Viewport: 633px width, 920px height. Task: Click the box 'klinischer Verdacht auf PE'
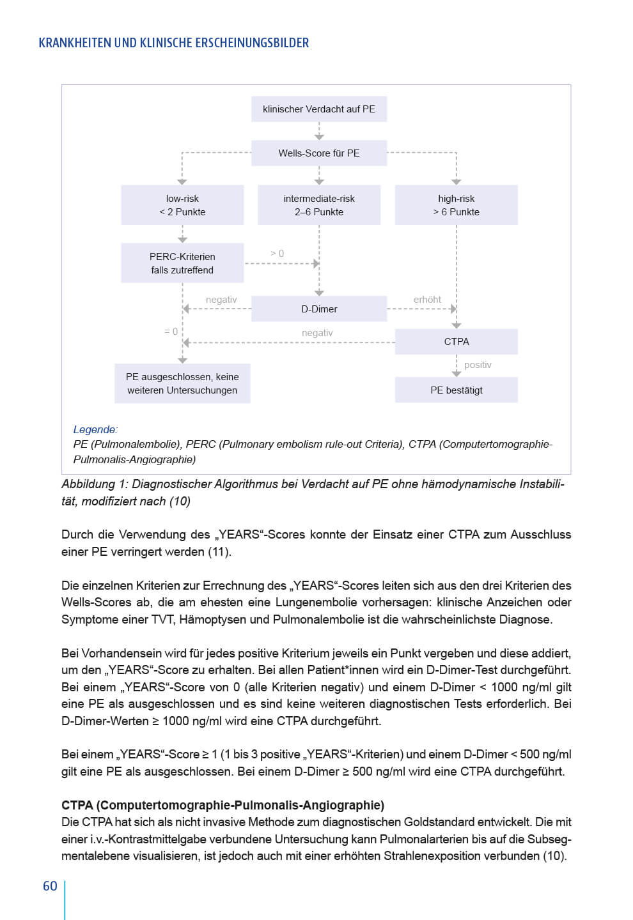(319, 109)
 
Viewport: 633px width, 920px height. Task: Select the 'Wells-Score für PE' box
(319, 153)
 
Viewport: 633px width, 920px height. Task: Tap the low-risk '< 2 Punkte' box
(182, 205)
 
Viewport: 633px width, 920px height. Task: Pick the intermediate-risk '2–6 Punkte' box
(319, 205)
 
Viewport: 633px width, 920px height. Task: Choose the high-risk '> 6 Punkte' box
(456, 205)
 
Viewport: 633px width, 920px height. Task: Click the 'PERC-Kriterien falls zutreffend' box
(182, 263)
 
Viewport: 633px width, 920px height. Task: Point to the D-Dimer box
(319, 309)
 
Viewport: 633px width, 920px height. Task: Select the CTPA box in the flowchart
(456, 342)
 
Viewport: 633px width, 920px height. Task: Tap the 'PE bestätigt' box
(456, 390)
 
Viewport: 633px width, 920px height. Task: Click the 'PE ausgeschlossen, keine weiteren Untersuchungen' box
(182, 383)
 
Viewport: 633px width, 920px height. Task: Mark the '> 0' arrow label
(277, 254)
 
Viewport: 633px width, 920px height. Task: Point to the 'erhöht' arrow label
(427, 300)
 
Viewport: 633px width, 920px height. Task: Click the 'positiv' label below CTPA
(478, 365)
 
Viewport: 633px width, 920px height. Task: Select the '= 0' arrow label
(171, 332)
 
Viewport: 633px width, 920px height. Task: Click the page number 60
(50, 886)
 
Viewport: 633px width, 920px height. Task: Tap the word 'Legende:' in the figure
(95, 429)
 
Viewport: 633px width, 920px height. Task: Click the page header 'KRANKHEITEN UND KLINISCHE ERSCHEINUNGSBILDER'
(174, 43)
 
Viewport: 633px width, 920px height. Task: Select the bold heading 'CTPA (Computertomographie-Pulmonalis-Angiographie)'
(223, 805)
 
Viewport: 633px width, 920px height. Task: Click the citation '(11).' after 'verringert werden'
(219, 551)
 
